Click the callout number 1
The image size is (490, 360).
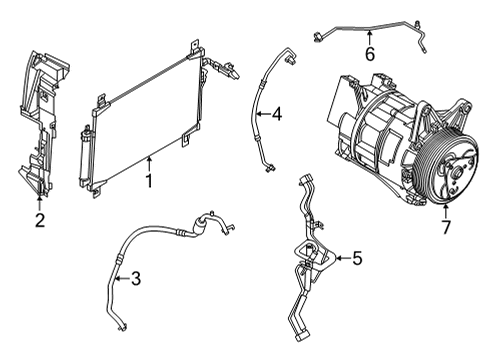[x=149, y=181]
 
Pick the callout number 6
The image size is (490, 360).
[x=369, y=54]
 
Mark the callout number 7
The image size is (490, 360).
[x=446, y=226]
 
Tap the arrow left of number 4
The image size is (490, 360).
[x=262, y=115]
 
